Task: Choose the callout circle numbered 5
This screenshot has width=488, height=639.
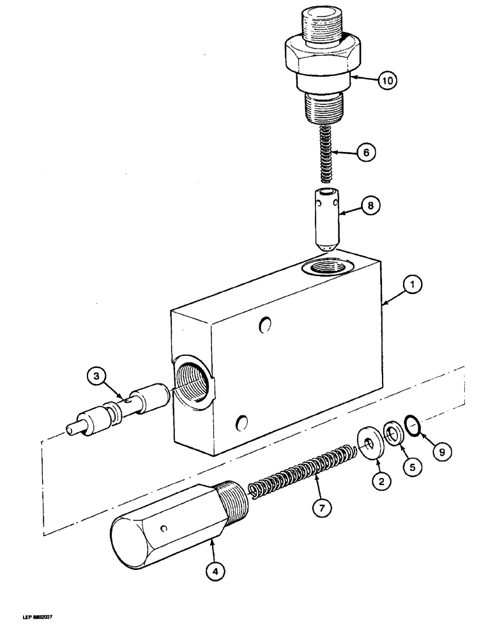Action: click(411, 466)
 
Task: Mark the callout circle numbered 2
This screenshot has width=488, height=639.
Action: click(381, 482)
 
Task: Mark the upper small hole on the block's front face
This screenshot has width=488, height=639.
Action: click(263, 327)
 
